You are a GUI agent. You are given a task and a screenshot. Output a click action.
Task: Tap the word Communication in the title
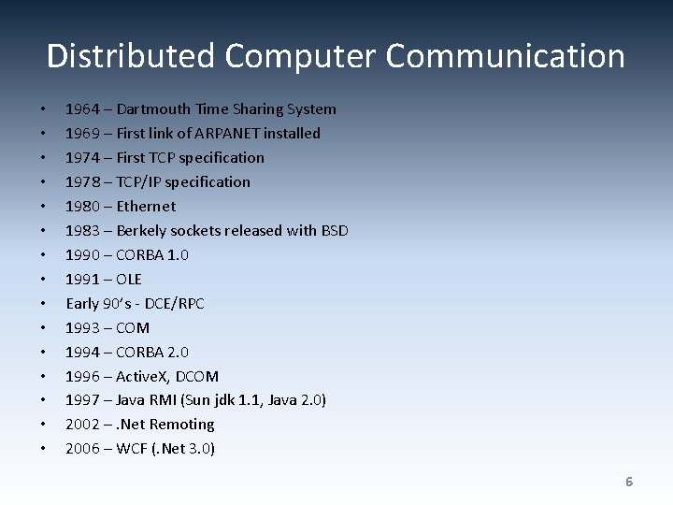point(505,56)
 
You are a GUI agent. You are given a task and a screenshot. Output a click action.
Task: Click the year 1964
point(82,109)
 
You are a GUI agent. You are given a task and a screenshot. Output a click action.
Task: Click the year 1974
point(82,158)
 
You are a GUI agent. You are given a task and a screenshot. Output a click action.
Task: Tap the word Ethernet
point(146,207)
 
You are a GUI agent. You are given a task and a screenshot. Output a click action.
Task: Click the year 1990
point(82,255)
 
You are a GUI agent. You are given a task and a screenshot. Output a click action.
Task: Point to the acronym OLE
point(129,280)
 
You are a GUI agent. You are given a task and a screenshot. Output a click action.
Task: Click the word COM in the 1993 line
point(133,328)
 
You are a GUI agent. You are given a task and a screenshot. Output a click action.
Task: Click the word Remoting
point(182,425)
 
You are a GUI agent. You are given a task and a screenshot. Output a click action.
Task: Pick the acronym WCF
point(131,449)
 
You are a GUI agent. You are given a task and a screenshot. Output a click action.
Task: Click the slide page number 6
point(629,482)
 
